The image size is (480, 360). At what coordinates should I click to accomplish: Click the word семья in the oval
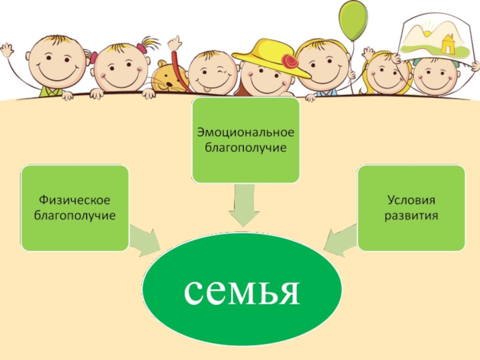coord(241,291)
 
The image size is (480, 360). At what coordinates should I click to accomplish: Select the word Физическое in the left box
coord(75,199)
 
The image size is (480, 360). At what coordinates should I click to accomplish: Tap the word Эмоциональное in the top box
coord(245,131)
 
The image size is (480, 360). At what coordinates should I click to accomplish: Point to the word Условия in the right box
coord(411,199)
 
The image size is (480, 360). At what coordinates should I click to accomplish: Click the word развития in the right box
coord(411,214)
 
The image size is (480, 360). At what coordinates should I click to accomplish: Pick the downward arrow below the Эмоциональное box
coord(245,206)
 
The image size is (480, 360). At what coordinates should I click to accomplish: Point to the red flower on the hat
coord(292,61)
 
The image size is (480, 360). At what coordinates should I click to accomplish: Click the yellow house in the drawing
coord(448,43)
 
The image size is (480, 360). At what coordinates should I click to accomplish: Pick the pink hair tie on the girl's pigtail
coord(142,46)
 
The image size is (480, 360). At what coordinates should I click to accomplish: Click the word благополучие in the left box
coord(75,214)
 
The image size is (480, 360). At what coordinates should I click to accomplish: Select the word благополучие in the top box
coord(245,146)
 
